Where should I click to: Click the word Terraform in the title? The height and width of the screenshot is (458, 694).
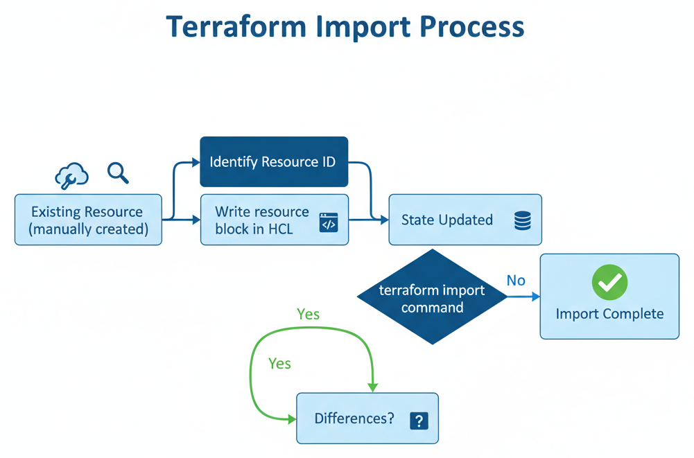(236, 27)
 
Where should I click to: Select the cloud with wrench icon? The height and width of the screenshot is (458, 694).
(71, 176)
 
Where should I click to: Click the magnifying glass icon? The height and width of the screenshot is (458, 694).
(118, 173)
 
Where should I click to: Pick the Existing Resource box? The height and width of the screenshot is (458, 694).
(88, 220)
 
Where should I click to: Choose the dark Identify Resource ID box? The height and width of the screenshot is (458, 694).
(274, 162)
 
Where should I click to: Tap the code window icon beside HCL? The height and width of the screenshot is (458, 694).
(328, 222)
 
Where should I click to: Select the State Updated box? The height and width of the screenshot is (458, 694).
(465, 220)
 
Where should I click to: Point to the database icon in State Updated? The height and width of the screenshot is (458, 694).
(523, 221)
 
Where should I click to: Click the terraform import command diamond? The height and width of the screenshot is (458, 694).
(432, 297)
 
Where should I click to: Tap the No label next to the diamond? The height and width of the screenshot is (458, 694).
(516, 281)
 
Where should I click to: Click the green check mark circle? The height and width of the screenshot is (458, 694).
(609, 282)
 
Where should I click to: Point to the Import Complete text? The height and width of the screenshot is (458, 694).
(609, 314)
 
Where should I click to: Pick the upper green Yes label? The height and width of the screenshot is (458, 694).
(308, 314)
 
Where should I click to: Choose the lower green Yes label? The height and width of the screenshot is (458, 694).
(279, 363)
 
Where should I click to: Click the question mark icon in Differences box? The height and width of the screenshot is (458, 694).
(419, 421)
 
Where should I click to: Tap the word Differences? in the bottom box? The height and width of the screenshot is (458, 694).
(354, 419)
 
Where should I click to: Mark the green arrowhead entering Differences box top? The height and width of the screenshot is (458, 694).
(373, 387)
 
